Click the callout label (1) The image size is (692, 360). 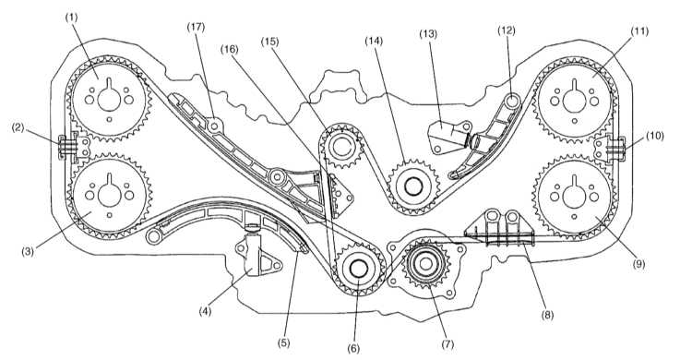click(x=71, y=18)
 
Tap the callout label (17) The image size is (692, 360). click(x=196, y=27)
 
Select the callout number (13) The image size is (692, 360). click(x=427, y=33)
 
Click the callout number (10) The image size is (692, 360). click(x=654, y=136)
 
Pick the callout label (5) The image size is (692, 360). click(x=284, y=342)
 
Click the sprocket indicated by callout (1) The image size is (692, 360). click(x=109, y=99)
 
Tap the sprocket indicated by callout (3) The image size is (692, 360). click(x=110, y=196)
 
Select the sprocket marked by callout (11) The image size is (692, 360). click(x=574, y=101)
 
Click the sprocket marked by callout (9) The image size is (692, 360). click(x=574, y=195)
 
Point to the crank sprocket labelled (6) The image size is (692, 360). click(x=358, y=268)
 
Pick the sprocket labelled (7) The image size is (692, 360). click(x=426, y=264)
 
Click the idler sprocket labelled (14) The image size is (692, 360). click(x=413, y=186)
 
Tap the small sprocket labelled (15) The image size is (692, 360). click(x=341, y=147)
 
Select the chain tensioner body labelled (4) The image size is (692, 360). click(x=257, y=255)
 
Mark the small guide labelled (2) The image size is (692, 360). click(x=74, y=145)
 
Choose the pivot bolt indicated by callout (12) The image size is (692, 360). click(x=512, y=101)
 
